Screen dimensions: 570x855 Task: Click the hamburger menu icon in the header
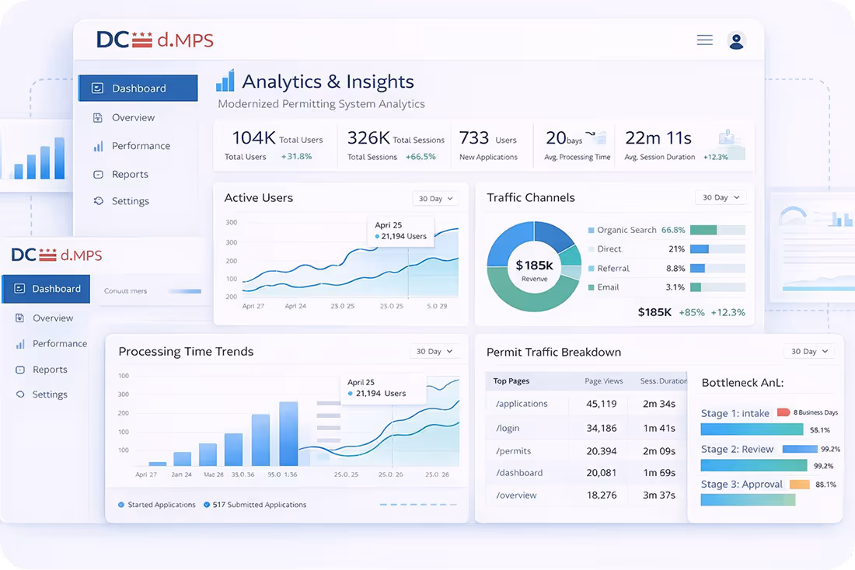click(704, 40)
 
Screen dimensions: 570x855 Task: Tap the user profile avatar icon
click(736, 40)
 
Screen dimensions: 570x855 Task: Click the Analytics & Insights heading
click(327, 82)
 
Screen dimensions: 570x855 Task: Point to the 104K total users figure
click(253, 138)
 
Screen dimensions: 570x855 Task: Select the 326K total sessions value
click(368, 138)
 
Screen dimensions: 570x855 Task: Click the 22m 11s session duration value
click(658, 138)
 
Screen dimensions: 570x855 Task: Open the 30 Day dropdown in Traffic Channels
click(721, 198)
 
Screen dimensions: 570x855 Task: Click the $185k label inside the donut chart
click(534, 266)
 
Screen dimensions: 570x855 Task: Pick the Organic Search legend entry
click(626, 230)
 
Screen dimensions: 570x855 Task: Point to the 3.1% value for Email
click(675, 287)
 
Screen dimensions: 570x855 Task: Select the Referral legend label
click(613, 269)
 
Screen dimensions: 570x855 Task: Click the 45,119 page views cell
click(601, 404)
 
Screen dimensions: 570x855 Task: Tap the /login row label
click(508, 428)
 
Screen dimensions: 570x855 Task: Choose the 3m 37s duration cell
click(659, 495)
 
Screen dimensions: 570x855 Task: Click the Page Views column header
click(603, 381)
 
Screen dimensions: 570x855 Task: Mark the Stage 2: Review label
click(737, 449)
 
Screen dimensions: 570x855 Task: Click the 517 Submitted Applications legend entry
click(259, 505)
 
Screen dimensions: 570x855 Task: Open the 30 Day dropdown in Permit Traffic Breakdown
click(809, 352)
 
